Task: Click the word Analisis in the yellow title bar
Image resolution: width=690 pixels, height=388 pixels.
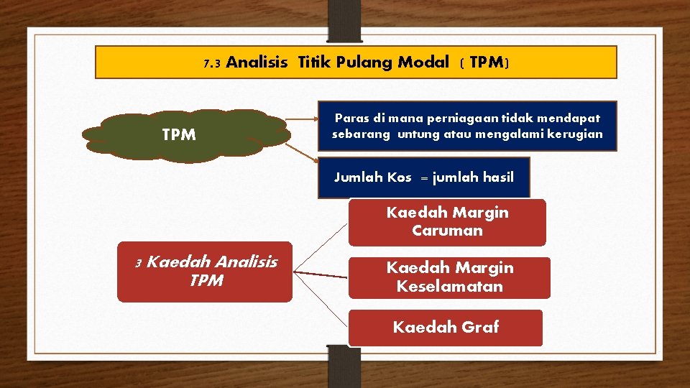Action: [x=257, y=63]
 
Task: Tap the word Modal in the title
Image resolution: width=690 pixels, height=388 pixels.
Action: [x=423, y=63]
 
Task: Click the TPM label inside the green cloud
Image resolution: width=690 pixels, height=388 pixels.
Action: [x=179, y=135]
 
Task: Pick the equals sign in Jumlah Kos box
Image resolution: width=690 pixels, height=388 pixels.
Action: [x=423, y=178]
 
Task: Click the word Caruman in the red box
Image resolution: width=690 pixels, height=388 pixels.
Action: [x=447, y=231]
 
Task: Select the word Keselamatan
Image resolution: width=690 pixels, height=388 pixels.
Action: [x=449, y=287]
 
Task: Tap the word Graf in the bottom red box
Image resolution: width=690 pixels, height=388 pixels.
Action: [x=479, y=328]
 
